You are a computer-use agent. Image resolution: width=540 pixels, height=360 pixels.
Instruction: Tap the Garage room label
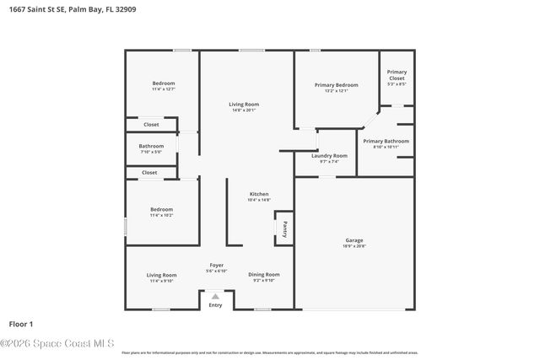pos(354,240)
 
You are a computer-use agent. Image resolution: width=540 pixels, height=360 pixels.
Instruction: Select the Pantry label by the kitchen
pos(284,228)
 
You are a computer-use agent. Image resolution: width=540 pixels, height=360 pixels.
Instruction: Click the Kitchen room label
pos(258,194)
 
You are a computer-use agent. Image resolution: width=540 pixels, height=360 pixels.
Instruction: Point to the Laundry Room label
pos(329,156)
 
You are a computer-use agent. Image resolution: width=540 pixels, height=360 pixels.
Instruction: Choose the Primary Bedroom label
pos(336,85)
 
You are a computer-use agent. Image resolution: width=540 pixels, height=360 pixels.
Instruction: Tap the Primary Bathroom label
pos(386,141)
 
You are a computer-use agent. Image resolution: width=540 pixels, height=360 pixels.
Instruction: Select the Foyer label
pos(217,266)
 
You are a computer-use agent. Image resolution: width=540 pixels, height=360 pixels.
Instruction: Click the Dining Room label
pos(263,275)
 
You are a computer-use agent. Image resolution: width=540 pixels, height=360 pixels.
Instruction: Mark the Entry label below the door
pos(216,305)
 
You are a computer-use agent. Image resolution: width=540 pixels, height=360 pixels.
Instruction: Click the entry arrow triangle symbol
pos(216,296)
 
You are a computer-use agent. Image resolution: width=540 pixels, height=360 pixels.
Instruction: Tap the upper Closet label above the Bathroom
pos(150,125)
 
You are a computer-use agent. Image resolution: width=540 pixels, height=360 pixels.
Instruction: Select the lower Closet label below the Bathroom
pos(149,173)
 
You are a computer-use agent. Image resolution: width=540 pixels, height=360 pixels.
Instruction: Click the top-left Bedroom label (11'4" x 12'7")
pos(163,83)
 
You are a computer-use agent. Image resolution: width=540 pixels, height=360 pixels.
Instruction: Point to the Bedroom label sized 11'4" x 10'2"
pos(161,209)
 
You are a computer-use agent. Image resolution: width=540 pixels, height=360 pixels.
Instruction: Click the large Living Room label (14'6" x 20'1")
pos(243,105)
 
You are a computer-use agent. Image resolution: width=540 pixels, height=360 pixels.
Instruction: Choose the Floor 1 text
pos(20,324)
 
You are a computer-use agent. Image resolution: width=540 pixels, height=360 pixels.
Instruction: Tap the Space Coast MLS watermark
pos(57,343)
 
